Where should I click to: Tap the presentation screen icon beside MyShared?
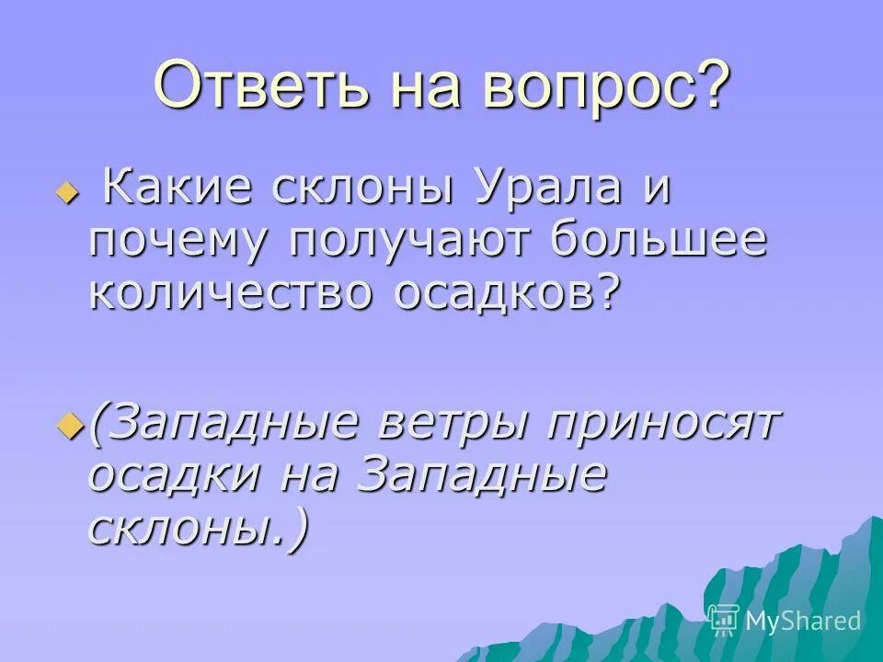(x=724, y=621)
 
